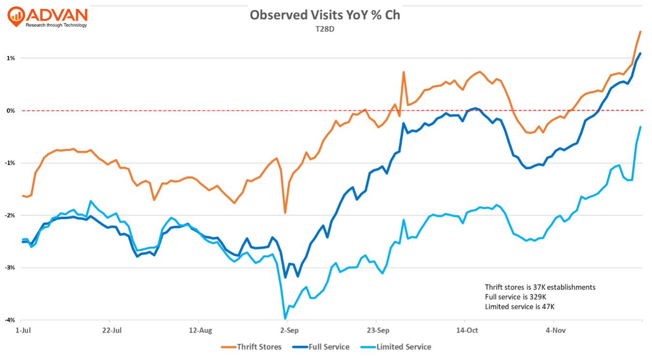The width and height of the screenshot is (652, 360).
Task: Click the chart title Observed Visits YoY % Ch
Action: [325, 15]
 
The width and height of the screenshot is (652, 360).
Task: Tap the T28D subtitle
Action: [325, 29]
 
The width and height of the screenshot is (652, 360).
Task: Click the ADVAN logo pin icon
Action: [16, 15]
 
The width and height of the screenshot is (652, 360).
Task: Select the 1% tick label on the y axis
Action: [11, 58]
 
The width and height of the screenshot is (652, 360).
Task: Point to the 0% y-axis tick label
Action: [11, 111]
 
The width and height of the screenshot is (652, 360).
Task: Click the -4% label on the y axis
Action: [10, 320]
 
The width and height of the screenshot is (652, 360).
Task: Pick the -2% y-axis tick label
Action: [10, 215]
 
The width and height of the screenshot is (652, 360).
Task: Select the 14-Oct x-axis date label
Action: [467, 331]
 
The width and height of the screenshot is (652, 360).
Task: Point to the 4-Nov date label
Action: [556, 331]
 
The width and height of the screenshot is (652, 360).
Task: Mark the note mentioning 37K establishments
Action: [540, 287]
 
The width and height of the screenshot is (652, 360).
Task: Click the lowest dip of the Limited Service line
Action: [285, 318]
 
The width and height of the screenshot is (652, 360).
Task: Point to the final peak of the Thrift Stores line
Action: [640, 32]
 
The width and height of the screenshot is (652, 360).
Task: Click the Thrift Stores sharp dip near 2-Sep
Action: [285, 213]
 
